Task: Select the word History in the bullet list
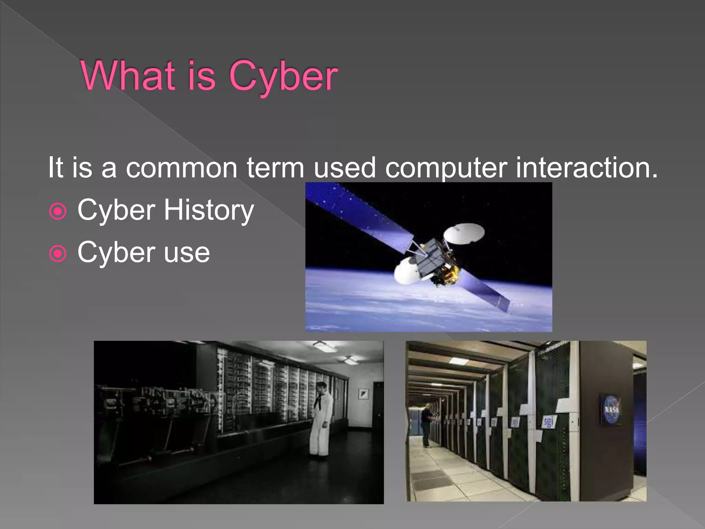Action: click(209, 210)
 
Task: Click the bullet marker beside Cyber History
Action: click(57, 211)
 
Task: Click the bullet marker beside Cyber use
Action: click(57, 254)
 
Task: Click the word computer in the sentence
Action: click(446, 168)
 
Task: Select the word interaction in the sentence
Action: click(587, 167)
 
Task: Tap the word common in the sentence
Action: click(181, 168)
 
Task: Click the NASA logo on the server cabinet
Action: click(611, 409)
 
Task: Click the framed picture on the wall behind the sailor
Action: click(364, 393)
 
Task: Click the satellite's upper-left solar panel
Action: click(358, 214)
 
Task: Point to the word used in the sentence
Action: click(344, 167)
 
